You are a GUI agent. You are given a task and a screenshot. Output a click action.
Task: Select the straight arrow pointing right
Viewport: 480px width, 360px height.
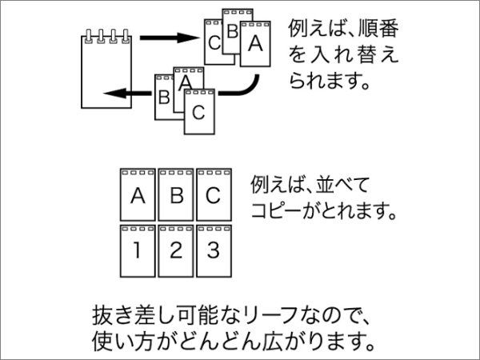[x=169, y=38]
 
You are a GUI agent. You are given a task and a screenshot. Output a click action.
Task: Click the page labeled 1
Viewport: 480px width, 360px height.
[x=138, y=250]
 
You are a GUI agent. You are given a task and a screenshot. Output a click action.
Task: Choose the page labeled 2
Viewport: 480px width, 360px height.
[x=176, y=250]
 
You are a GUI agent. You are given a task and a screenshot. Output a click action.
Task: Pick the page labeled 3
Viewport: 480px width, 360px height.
[x=214, y=250]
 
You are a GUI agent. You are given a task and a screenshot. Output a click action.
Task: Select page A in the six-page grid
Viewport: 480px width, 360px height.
[x=138, y=195]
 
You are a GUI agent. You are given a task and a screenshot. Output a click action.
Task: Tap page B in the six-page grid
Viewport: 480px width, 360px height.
[x=176, y=195]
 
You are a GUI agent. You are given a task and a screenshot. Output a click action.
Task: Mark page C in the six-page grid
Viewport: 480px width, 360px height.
[x=214, y=195]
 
